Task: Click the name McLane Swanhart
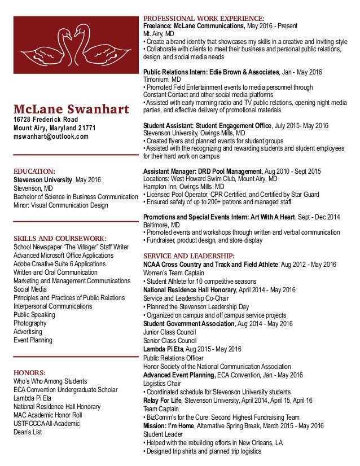tap(71, 109)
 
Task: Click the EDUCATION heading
tap(34, 170)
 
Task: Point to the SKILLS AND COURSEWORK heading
tap(60, 238)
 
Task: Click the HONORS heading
tap(29, 372)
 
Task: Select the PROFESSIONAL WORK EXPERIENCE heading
tap(204, 19)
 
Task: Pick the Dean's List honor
tap(28, 432)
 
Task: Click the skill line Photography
tap(30, 323)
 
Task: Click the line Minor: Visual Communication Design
tap(61, 205)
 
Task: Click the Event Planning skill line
tap(33, 340)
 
